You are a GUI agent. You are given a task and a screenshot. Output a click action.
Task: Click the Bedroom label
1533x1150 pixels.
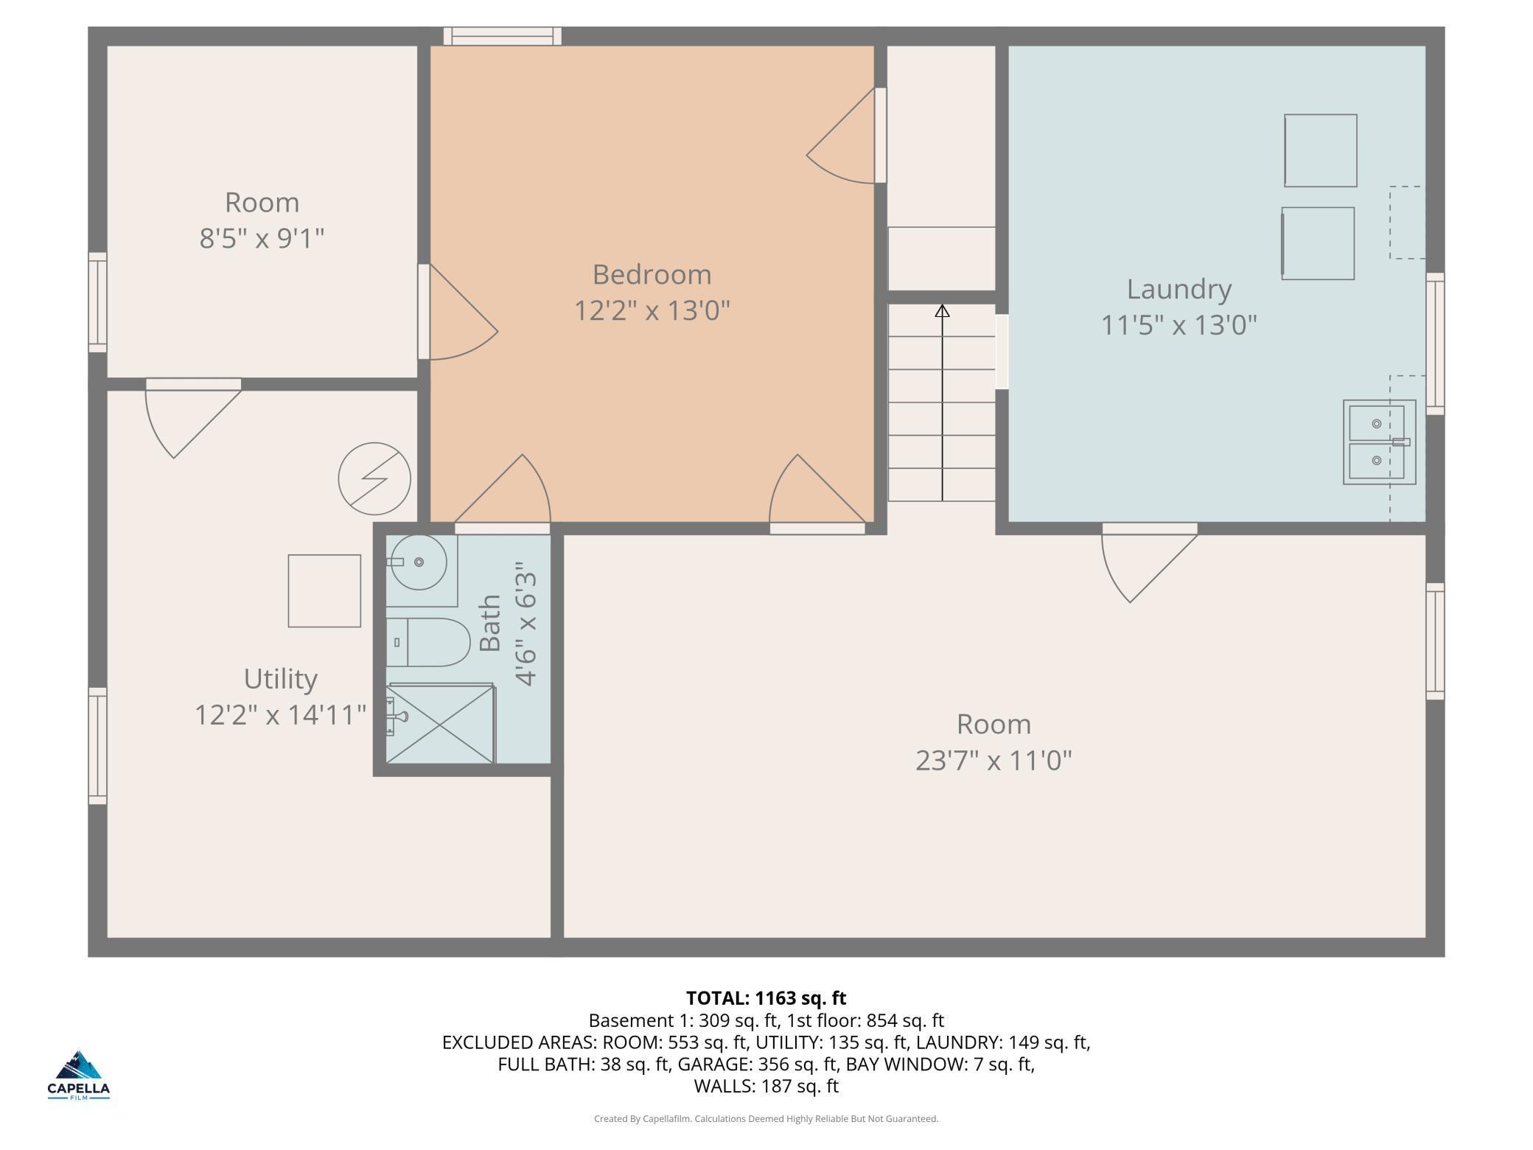tap(652, 275)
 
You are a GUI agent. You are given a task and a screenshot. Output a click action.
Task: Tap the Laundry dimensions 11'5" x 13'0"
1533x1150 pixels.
tap(1178, 324)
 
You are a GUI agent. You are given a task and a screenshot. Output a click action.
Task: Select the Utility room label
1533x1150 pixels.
tap(280, 679)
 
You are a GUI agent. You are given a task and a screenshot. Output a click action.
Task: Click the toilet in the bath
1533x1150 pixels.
tap(428, 642)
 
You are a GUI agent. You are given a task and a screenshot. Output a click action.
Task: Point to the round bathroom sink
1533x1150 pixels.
tap(418, 562)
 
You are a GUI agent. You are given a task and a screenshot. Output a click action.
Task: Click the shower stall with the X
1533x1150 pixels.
tap(441, 724)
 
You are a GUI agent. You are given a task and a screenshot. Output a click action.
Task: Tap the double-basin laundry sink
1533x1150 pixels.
tap(1379, 442)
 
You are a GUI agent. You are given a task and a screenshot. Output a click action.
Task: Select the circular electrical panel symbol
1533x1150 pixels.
tap(374, 478)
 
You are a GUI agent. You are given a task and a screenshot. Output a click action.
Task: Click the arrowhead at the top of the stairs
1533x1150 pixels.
tap(942, 311)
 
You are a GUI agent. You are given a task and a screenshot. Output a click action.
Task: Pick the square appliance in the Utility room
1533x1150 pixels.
tap(324, 591)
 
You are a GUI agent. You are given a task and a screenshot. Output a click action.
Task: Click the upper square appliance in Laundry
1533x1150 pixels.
tap(1321, 150)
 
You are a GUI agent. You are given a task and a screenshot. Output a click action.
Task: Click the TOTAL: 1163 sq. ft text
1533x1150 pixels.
tap(766, 998)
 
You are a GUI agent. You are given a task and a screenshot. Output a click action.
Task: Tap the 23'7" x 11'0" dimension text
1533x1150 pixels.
tap(994, 760)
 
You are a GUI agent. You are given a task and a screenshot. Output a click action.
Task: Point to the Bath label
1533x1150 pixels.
tap(490, 624)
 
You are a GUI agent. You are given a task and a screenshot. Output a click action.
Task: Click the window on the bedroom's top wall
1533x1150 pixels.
tap(502, 36)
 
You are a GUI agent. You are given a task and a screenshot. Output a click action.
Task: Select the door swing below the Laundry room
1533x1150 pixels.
tap(1149, 562)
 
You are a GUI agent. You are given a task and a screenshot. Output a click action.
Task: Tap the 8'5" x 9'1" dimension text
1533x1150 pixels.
tap(262, 239)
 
